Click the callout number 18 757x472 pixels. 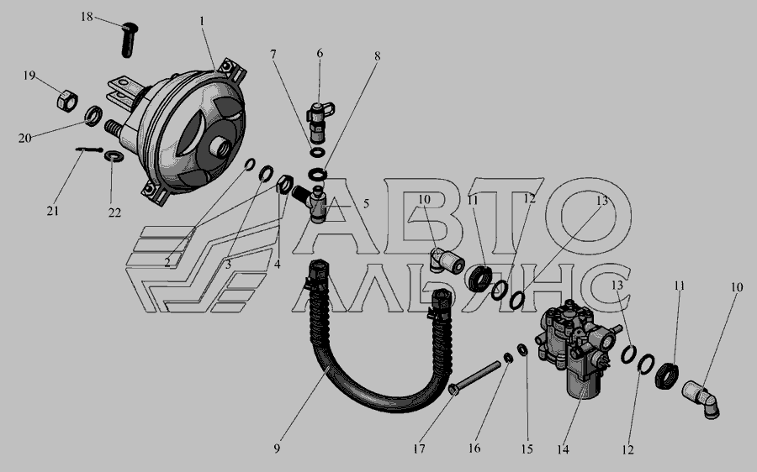87,17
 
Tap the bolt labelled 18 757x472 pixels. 129,40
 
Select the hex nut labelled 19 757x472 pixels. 67,101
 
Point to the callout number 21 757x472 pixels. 53,211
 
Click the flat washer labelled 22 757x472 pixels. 114,156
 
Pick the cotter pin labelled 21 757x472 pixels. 89,149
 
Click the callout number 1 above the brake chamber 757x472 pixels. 202,21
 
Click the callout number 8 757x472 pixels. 377,56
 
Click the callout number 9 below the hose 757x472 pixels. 277,448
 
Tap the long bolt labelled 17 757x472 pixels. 474,379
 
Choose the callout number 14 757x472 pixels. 563,449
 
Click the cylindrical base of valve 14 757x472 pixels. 582,382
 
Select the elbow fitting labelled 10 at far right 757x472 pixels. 701,398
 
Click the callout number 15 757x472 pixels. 527,448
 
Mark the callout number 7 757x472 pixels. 273,54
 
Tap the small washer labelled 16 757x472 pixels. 508,358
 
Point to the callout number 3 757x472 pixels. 228,265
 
